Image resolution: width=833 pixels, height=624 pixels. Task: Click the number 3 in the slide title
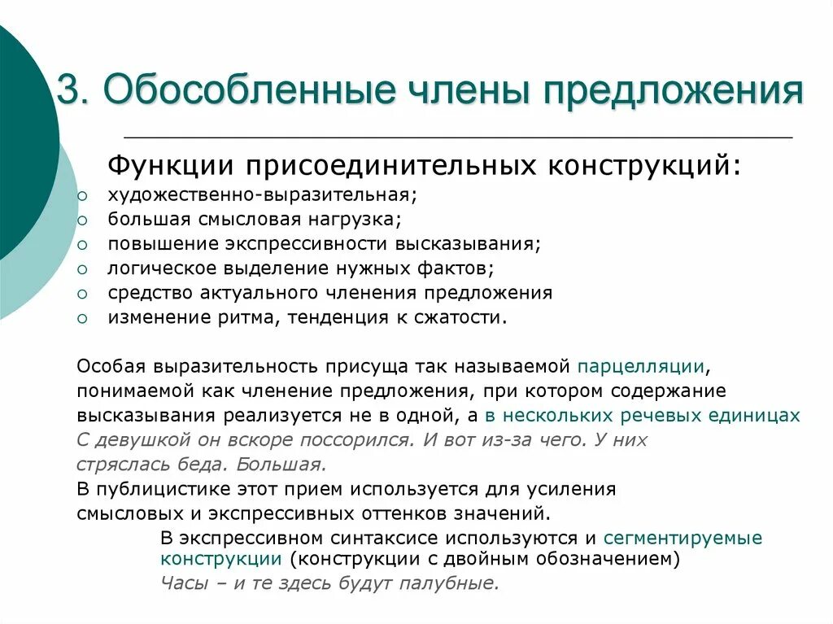66,90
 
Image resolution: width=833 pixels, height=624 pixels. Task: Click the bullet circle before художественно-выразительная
82,197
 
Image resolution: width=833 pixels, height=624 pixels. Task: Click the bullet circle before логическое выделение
82,268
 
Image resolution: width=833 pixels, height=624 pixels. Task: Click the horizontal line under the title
458,137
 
